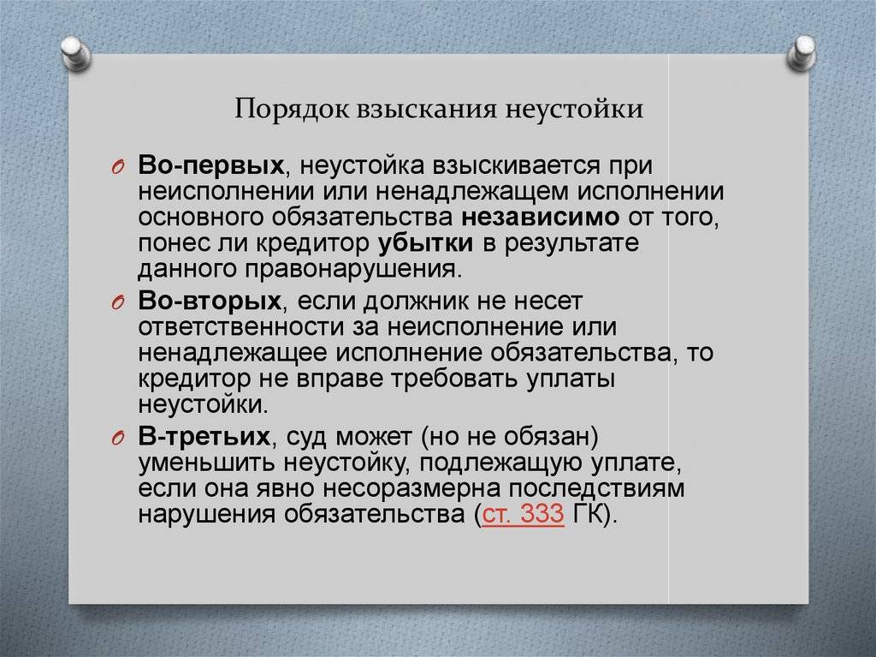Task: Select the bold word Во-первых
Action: click(x=211, y=166)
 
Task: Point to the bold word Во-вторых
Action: click(x=210, y=301)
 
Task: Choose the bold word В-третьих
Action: click(x=204, y=437)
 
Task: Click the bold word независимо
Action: click(x=541, y=217)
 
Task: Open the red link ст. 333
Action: click(x=523, y=514)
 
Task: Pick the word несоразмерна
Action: click(x=411, y=489)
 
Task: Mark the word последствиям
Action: click(x=596, y=489)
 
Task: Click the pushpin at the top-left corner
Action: click(x=75, y=53)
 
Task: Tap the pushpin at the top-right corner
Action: click(x=802, y=53)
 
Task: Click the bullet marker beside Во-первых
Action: click(x=116, y=167)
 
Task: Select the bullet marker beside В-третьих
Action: click(x=116, y=439)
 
